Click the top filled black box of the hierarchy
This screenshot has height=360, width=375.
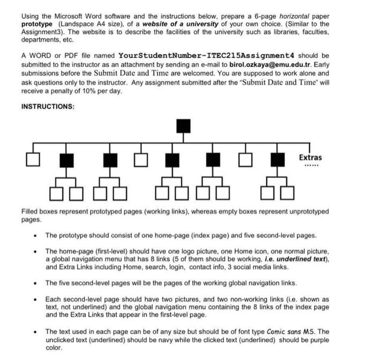pos(184,126)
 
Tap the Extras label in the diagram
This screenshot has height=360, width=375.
pos(311,157)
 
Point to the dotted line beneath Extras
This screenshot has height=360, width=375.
pos(311,166)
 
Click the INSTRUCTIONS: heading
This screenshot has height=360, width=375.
pos(48,107)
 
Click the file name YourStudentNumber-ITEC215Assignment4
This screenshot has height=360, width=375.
pos(206,56)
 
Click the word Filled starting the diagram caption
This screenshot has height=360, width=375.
pos(30,212)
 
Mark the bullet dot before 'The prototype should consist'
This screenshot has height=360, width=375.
pos(35,235)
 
